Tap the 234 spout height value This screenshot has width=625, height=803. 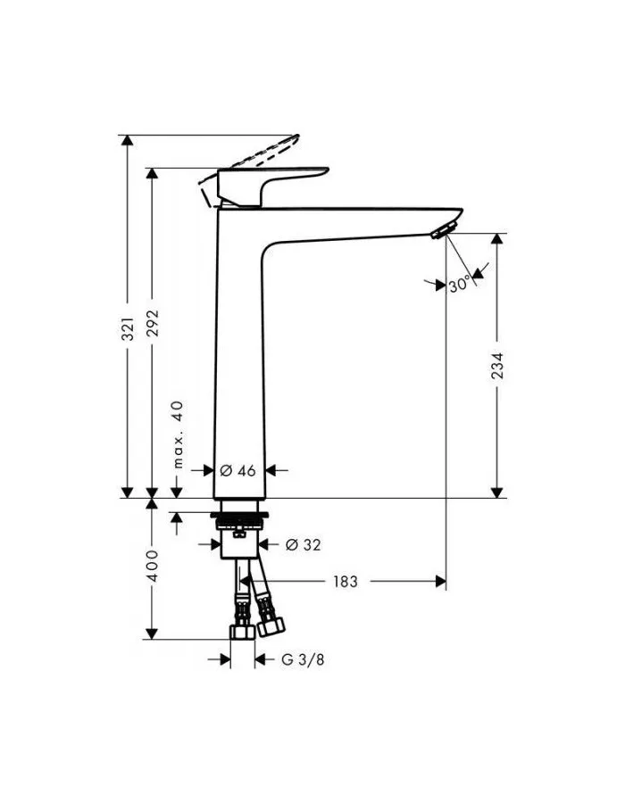(x=497, y=367)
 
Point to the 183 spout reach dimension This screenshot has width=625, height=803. (x=345, y=582)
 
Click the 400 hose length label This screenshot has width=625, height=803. (x=152, y=566)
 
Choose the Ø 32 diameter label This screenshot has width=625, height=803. (x=303, y=544)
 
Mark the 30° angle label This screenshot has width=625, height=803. (x=460, y=285)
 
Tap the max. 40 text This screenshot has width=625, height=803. (x=177, y=435)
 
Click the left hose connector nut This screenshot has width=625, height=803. (x=240, y=632)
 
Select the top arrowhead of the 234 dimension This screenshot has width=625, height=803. (x=497, y=240)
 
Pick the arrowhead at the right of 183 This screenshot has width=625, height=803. (x=438, y=582)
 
